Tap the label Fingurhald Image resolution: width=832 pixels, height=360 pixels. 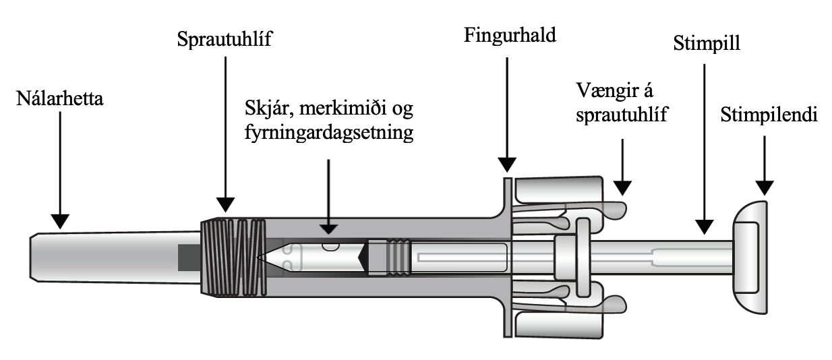pyautogui.click(x=509, y=35)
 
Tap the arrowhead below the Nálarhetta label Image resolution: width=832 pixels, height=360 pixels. pyautogui.click(x=59, y=220)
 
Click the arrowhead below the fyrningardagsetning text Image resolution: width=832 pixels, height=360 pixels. pyautogui.click(x=328, y=228)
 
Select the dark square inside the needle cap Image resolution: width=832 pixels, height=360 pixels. pyautogui.click(x=189, y=257)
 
